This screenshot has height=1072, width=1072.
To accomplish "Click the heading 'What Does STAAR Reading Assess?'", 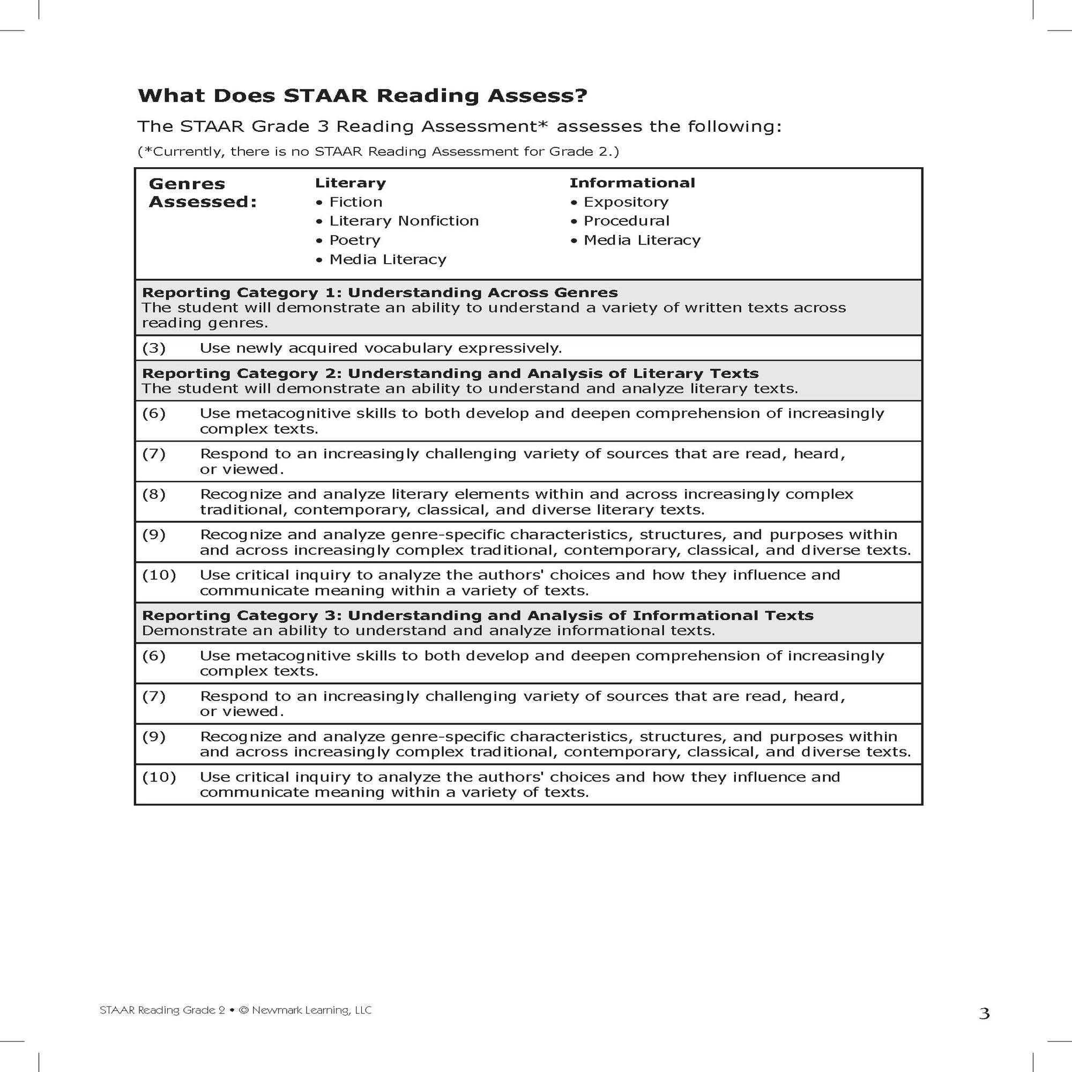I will pos(362,96).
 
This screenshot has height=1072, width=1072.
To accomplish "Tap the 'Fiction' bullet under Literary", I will pos(355,202).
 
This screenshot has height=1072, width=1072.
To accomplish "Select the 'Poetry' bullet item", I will pos(354,240).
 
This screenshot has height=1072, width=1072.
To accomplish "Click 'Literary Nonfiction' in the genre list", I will pos(404,221).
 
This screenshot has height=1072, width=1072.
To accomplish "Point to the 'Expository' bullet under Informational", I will pos(626,202).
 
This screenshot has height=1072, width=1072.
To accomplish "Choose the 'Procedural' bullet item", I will pos(626,221).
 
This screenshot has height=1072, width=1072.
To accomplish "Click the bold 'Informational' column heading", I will pos(632,183).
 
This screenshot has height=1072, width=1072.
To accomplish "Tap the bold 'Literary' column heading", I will pos(350,183).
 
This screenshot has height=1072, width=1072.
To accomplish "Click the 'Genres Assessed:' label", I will pos(203,192).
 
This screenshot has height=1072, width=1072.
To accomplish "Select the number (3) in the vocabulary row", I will pos(154,348).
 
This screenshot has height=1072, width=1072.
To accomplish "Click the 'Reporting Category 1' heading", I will pos(379,293).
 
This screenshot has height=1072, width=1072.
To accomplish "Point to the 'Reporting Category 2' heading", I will pos(450,374).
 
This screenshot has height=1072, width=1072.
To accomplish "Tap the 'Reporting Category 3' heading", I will pos(477,615).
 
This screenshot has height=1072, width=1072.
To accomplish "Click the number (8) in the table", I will pos(154,494).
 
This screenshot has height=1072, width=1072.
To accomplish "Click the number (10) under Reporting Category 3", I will pos(159,777).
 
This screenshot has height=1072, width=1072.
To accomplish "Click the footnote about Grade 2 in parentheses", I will pos(378,152).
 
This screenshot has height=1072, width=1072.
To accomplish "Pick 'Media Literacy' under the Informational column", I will pos(642,240).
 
